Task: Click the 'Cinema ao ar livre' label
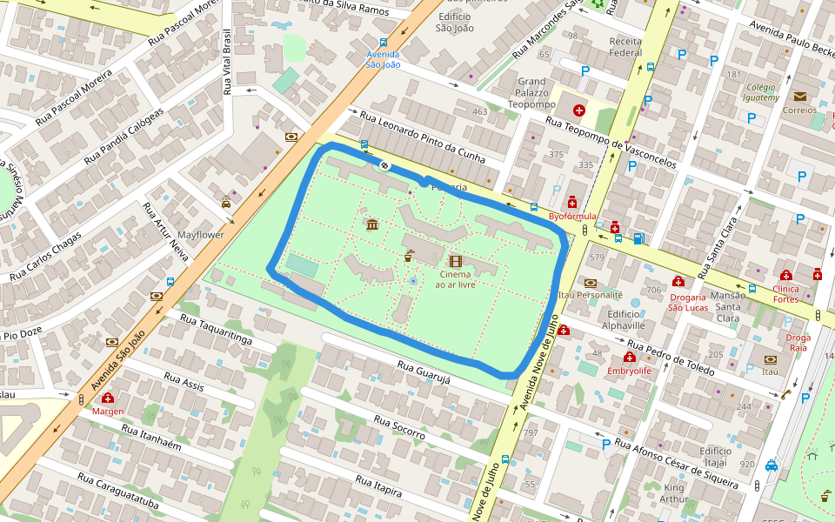coord(455,279)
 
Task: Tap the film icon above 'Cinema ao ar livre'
coord(455,261)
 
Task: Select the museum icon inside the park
coord(372,226)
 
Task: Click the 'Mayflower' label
coord(200,235)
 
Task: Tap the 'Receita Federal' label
coord(625,47)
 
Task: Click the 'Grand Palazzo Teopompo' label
coord(531,92)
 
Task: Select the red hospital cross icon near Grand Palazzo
coord(579,110)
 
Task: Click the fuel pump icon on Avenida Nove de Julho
coord(639,238)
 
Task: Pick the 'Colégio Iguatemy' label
coord(761,92)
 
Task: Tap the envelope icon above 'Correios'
coord(799,97)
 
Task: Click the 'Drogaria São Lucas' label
coord(687,301)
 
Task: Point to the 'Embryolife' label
coord(629,371)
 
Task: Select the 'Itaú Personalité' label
coord(591,295)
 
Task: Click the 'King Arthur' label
coord(674,492)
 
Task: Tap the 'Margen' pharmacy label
coord(108,411)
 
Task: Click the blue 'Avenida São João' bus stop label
coord(383,59)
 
